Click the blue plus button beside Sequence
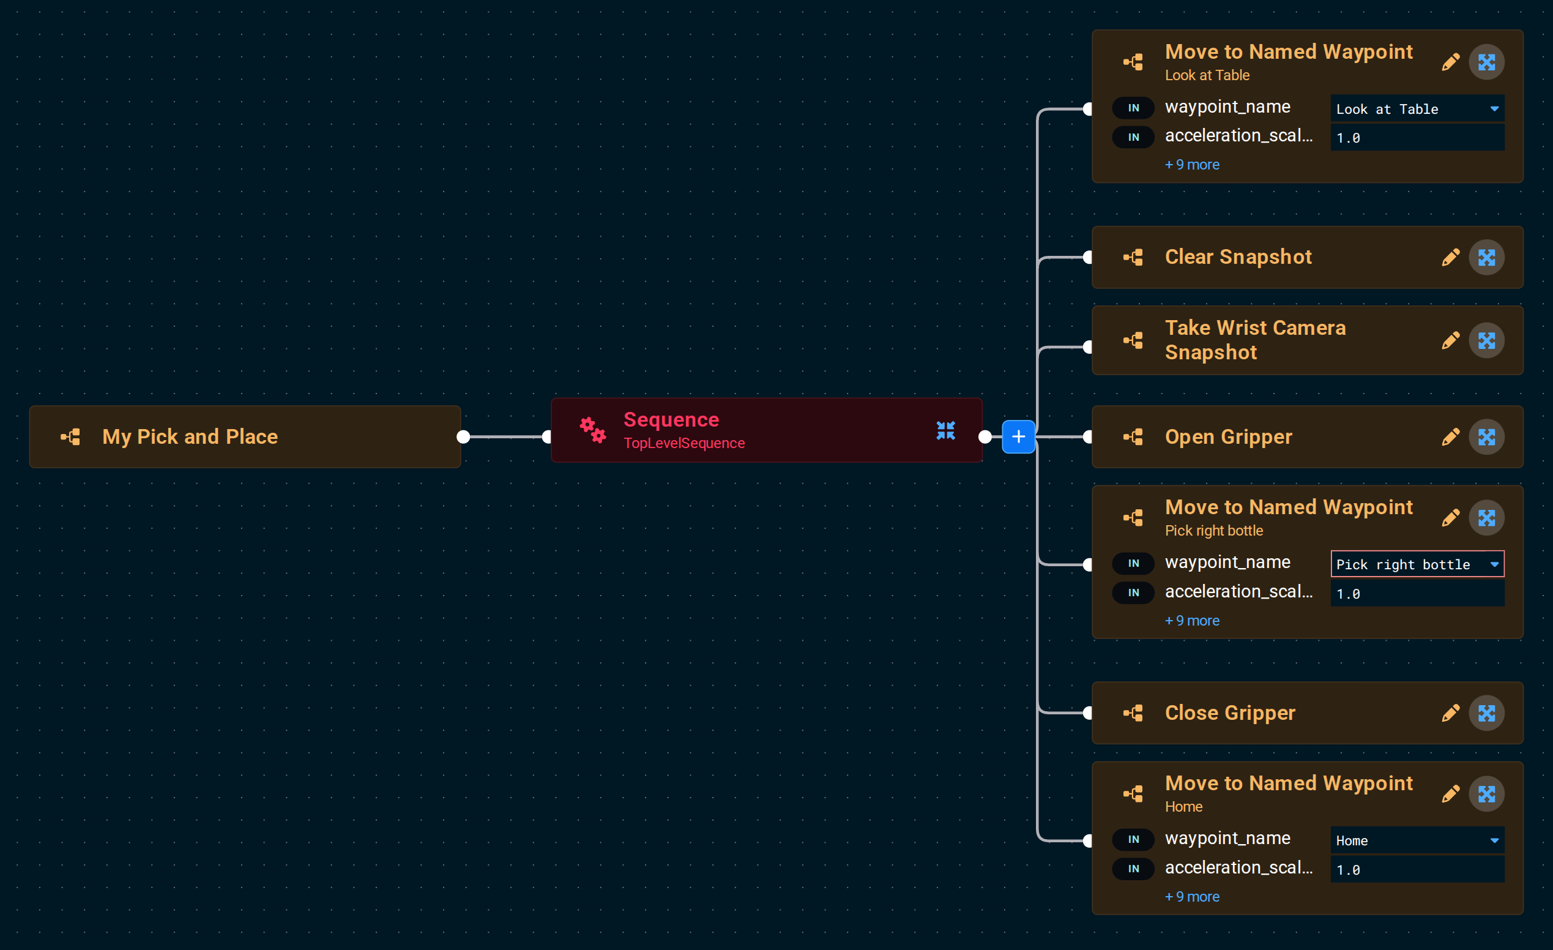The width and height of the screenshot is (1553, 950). tap(1018, 436)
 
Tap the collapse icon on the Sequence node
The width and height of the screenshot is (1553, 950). tap(945, 430)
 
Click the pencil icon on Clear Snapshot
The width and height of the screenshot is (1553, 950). tap(1450, 257)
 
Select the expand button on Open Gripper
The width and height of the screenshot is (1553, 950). tap(1486, 437)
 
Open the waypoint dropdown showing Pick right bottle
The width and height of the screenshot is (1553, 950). tap(1417, 564)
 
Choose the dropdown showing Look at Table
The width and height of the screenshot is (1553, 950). tap(1417, 108)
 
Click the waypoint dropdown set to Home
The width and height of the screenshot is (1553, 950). tap(1417, 840)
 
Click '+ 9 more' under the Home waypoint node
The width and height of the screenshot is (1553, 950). tap(1192, 896)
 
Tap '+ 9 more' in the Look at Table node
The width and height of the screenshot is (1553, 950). tap(1192, 165)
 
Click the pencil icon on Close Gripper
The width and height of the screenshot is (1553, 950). tap(1450, 713)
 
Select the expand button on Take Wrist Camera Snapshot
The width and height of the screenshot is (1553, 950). tap(1486, 340)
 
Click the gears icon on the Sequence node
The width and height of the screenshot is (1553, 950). tap(592, 430)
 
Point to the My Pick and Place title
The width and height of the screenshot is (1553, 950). tap(190, 437)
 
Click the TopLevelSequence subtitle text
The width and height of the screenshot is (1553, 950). tap(684, 443)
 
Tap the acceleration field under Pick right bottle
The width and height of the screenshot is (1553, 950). tap(1417, 593)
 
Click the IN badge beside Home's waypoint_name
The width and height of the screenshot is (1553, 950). tap(1133, 839)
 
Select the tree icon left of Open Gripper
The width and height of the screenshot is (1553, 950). tap(1133, 437)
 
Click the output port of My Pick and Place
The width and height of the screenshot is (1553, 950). tap(463, 437)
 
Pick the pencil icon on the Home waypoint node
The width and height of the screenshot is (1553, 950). tap(1450, 794)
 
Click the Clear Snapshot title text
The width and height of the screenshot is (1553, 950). tap(1238, 257)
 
